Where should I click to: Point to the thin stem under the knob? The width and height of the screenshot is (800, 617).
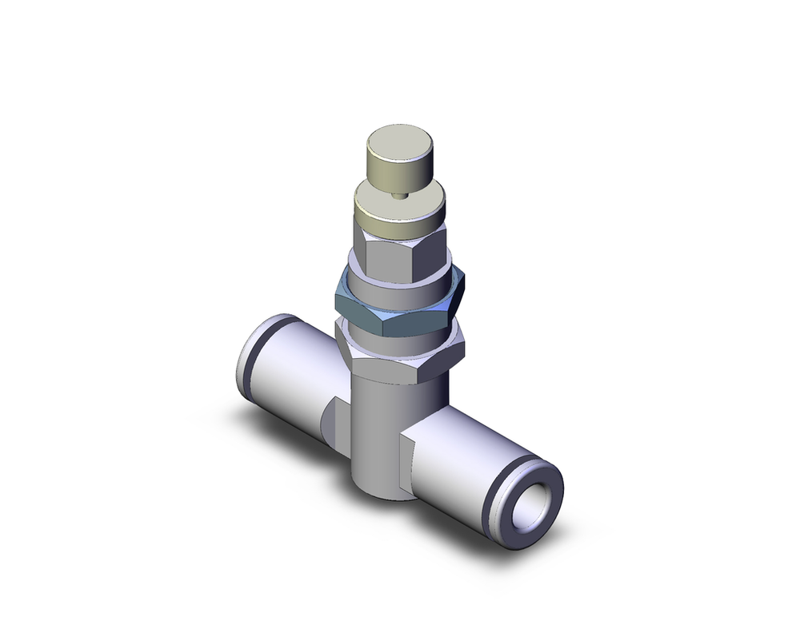coord(400,195)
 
